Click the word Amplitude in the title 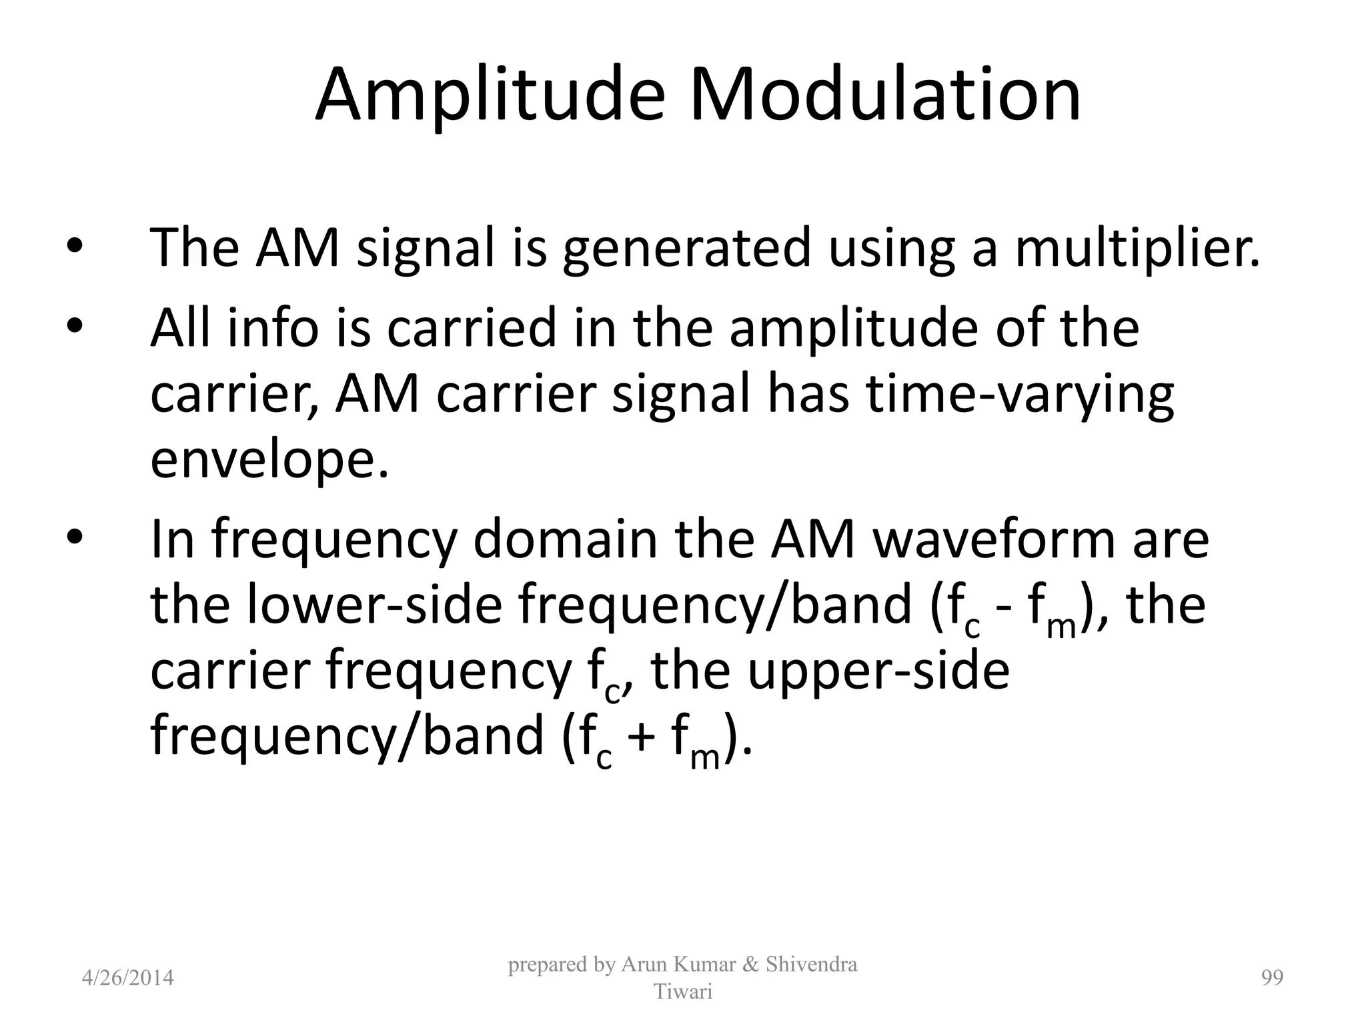pyautogui.click(x=490, y=97)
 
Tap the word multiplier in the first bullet pyautogui.click(x=1137, y=248)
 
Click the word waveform pyautogui.click(x=994, y=540)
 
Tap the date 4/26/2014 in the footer pyautogui.click(x=127, y=978)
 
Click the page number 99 pyautogui.click(x=1272, y=978)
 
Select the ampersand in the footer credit pyautogui.click(x=751, y=965)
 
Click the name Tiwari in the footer pyautogui.click(x=683, y=991)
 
